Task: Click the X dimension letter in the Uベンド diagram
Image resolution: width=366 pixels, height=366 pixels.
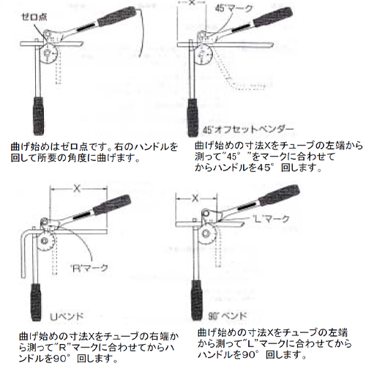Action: (x=75, y=188)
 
